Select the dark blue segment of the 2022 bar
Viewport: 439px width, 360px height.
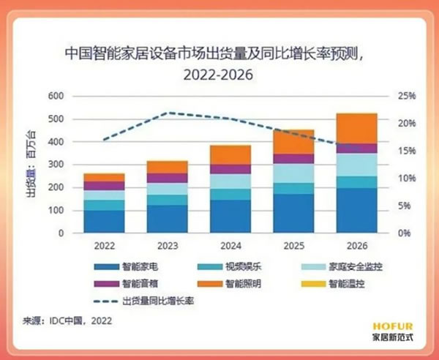[x=104, y=222]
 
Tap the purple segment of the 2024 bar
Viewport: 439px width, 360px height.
[x=230, y=169]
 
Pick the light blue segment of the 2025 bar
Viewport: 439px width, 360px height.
[x=293, y=173]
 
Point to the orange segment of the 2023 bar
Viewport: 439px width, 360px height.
[x=167, y=167]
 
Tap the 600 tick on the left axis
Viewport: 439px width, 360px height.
[x=56, y=96]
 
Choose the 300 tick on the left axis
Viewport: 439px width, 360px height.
[x=56, y=165]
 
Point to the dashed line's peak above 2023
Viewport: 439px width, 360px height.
[x=168, y=113]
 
